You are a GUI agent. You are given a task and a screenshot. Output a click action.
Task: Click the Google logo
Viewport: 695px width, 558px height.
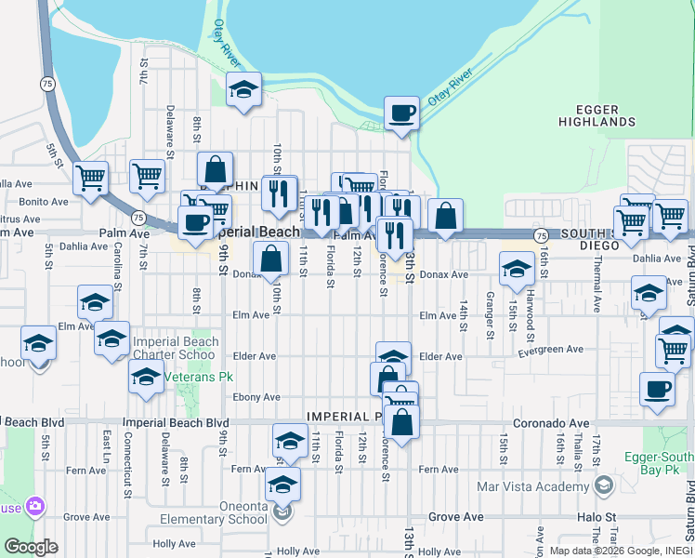coord(30,547)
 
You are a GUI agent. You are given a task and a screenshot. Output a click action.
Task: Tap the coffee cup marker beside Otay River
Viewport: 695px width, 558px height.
coord(401,114)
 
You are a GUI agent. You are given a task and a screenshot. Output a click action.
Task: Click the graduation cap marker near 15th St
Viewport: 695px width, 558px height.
coord(517,271)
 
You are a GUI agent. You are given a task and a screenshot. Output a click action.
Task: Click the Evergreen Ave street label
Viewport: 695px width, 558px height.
coord(551,350)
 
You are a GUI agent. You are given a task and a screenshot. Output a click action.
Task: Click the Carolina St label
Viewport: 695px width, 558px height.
coord(118,264)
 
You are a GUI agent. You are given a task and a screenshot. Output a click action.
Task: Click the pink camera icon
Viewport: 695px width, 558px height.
coord(36,507)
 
